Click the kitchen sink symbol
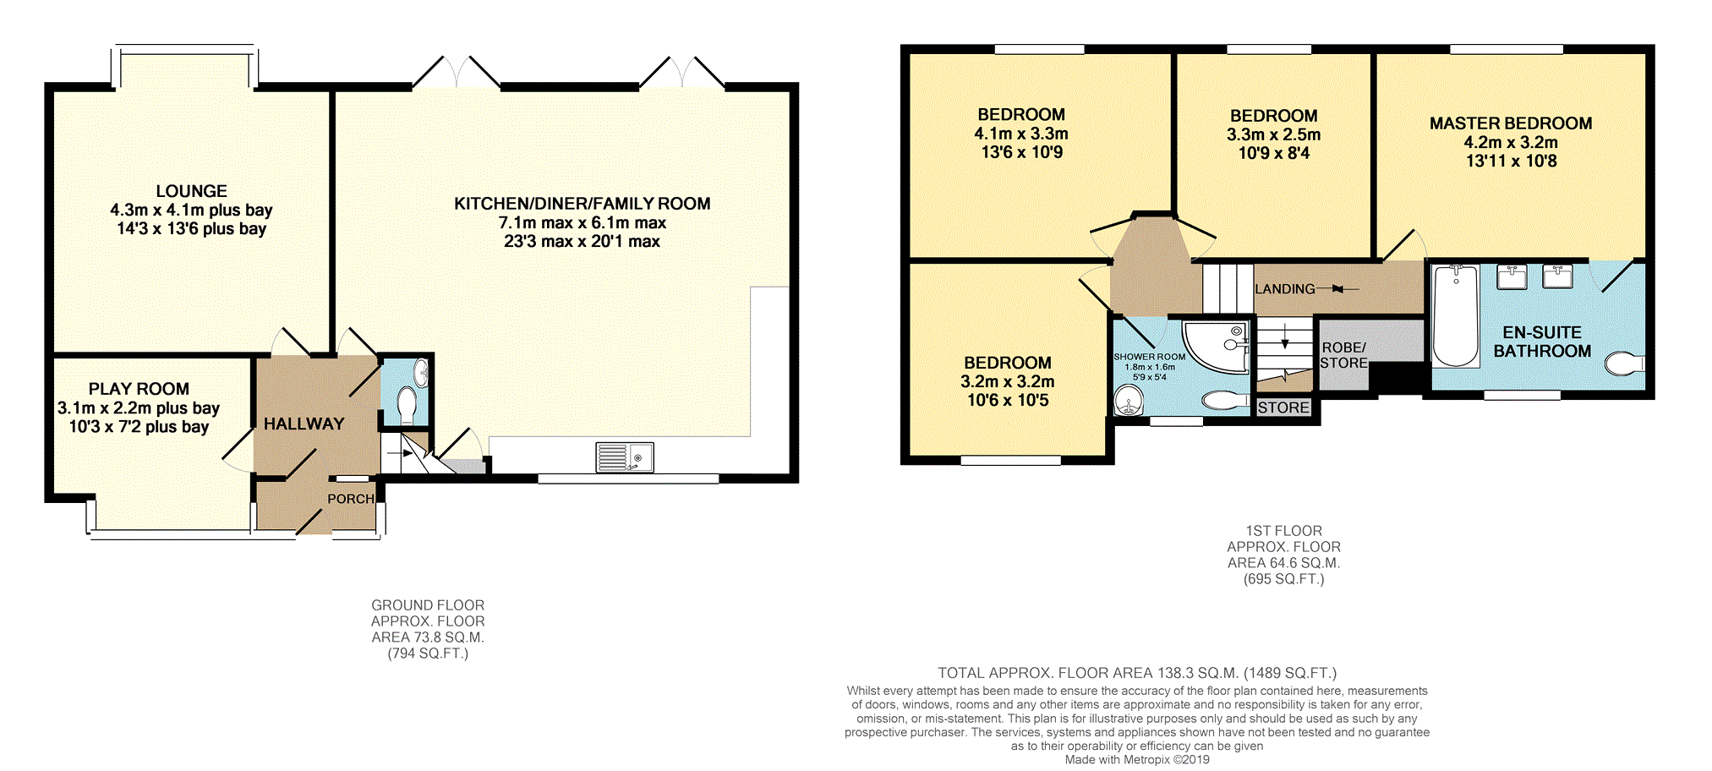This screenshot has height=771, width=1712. click(624, 457)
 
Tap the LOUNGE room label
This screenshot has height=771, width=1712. click(191, 191)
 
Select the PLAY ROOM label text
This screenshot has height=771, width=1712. click(139, 389)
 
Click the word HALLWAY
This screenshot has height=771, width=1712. click(304, 424)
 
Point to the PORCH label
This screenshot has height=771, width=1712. click(351, 499)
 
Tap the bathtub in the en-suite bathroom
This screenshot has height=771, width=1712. click(1455, 315)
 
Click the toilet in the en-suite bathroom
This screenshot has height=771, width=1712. click(1624, 364)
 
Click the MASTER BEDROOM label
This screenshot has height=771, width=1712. click(1510, 123)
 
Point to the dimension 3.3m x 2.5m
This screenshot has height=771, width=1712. click(1273, 134)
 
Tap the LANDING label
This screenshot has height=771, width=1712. click(1284, 289)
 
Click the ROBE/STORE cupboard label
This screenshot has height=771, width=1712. click(1343, 355)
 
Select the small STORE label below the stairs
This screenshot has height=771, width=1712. click(1283, 407)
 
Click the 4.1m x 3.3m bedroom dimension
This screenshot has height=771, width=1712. click(1020, 134)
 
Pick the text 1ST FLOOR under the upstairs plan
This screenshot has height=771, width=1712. click(1283, 531)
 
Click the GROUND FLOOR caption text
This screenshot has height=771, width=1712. click(428, 605)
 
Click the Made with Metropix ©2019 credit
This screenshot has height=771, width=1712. click(1136, 759)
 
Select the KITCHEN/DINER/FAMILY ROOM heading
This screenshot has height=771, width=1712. click(582, 204)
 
